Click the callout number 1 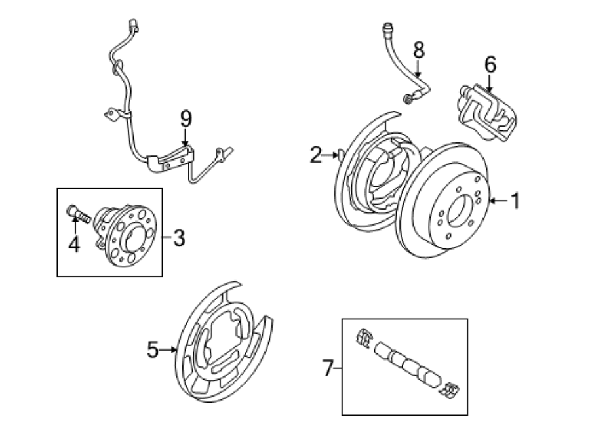coord(516,201)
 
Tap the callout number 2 coord(316,155)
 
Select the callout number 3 coord(179,238)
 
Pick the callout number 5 coord(152,349)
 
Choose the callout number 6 coord(490,64)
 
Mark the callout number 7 coord(328,368)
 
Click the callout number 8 coord(419,50)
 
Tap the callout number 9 coord(186,119)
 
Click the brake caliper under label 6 coord(488,113)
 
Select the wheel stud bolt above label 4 coord(78,214)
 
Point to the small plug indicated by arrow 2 coord(341,154)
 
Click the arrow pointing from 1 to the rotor coord(498,201)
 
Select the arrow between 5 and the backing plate coord(168,350)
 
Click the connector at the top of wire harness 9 coord(133,25)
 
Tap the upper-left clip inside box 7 coord(364,336)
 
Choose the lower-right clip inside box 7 coord(449,390)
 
